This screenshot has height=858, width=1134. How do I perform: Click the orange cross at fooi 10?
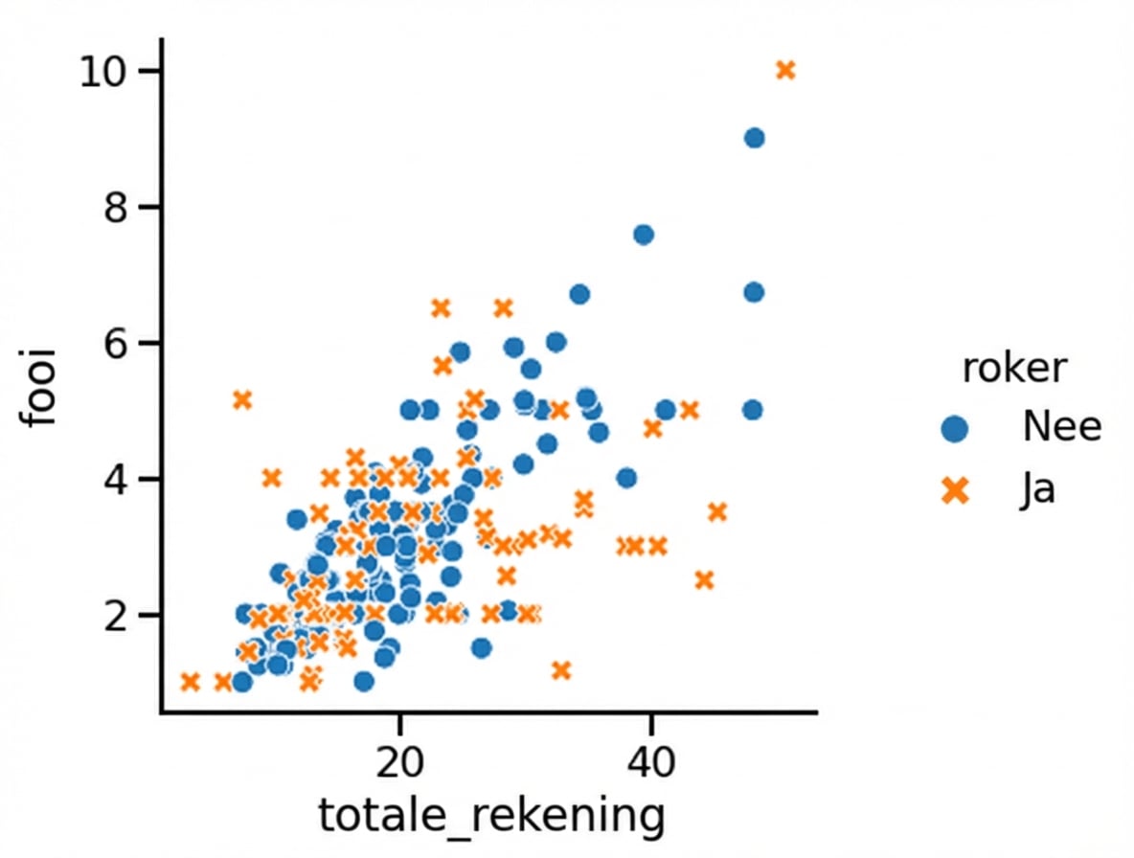click(x=785, y=70)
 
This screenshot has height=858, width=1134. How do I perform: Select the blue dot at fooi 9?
click(x=754, y=138)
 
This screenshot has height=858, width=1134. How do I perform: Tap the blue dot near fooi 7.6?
click(x=644, y=235)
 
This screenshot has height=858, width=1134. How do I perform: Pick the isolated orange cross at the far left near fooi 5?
click(x=242, y=399)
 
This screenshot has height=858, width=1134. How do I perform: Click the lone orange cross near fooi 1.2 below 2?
click(x=561, y=670)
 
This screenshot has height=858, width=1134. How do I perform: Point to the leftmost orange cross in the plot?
click(x=190, y=682)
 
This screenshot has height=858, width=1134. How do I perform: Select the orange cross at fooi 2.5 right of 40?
click(x=704, y=579)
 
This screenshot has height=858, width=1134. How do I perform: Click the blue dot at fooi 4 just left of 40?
click(x=626, y=477)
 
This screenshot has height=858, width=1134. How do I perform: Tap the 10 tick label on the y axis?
click(x=105, y=72)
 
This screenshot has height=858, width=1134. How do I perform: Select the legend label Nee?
click(x=1061, y=427)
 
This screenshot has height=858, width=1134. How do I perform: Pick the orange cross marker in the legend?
click(x=954, y=491)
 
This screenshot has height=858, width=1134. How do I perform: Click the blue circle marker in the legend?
click(x=954, y=428)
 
